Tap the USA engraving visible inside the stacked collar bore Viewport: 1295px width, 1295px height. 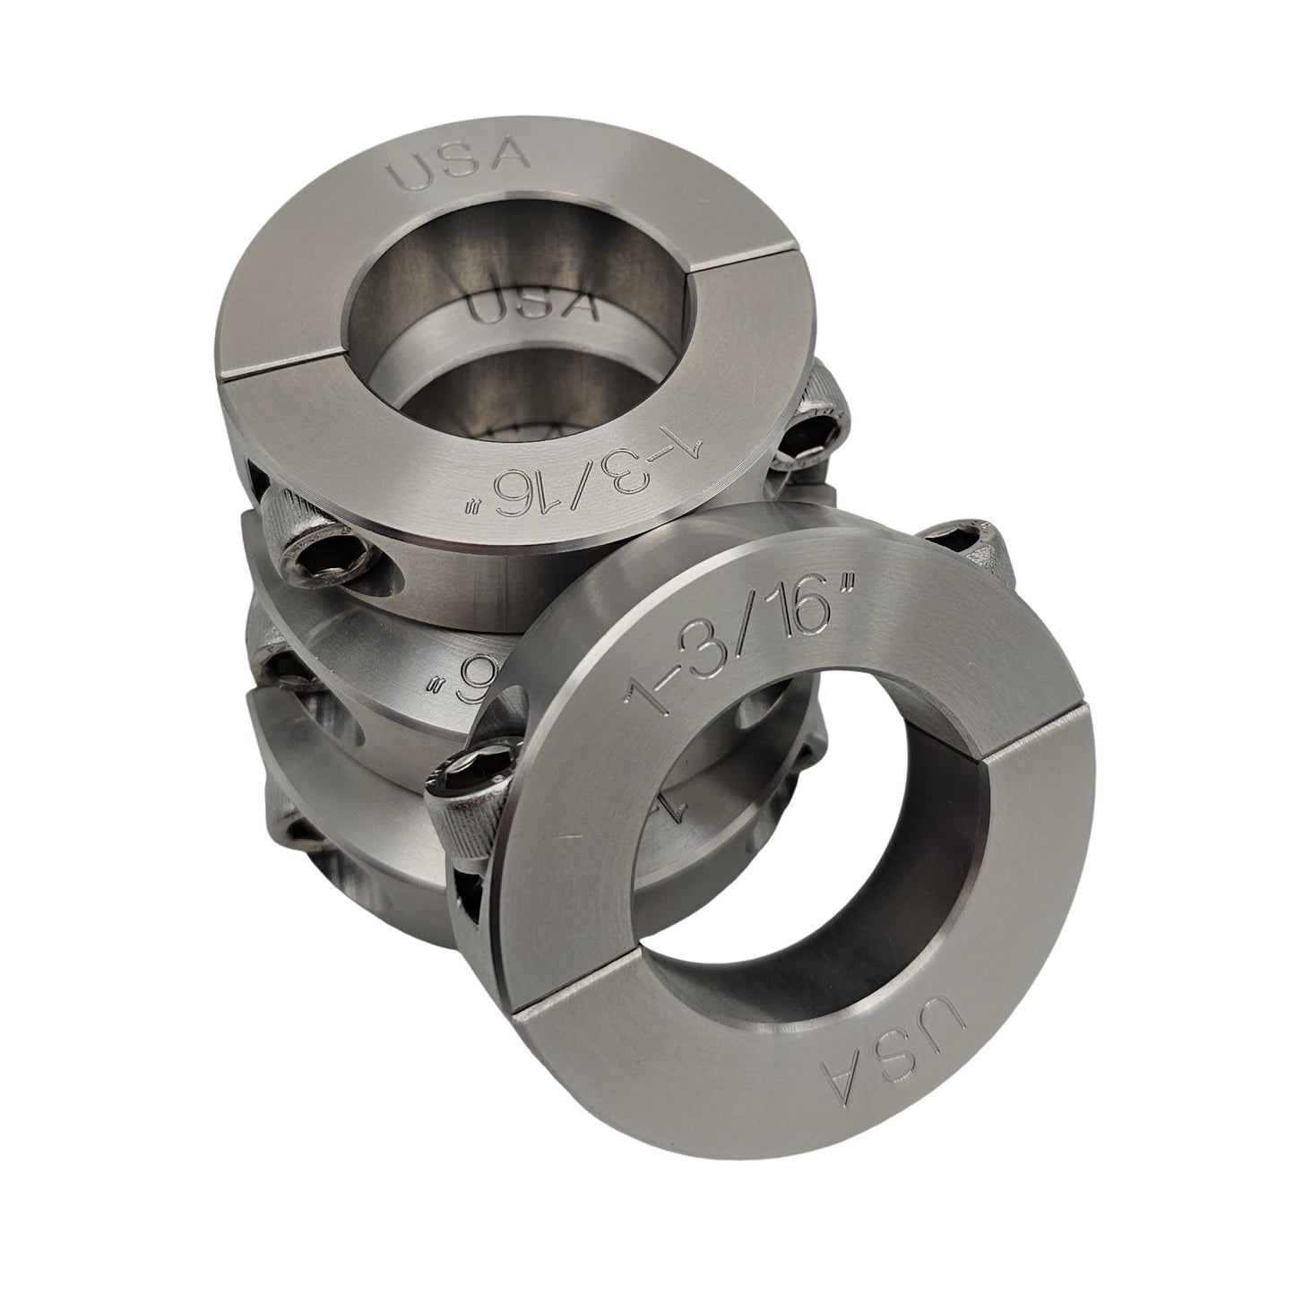pyautogui.click(x=532, y=306)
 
